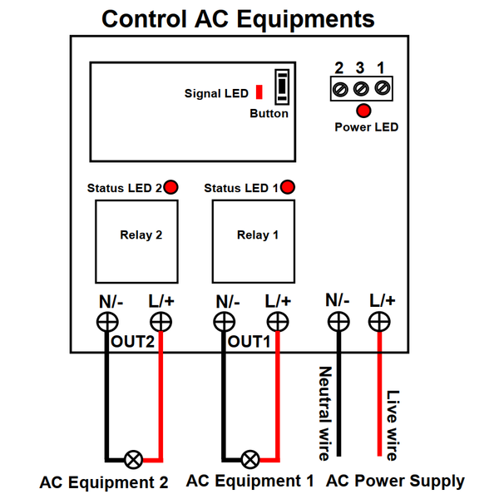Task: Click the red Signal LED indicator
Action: coord(259,91)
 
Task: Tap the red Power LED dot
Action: coord(363,111)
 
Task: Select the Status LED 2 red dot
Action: coord(170,187)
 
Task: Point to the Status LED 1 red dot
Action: coord(288,187)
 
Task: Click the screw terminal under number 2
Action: coord(339,87)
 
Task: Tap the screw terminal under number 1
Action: coord(382,87)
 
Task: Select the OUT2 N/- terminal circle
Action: coord(106,322)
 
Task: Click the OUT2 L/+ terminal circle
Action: coord(161,322)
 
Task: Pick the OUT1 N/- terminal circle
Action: coord(223,322)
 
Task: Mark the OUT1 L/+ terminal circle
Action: coord(278,322)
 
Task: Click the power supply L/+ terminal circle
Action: coord(380,321)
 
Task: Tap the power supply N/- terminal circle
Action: coord(338,321)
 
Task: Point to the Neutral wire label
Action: coord(324,413)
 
